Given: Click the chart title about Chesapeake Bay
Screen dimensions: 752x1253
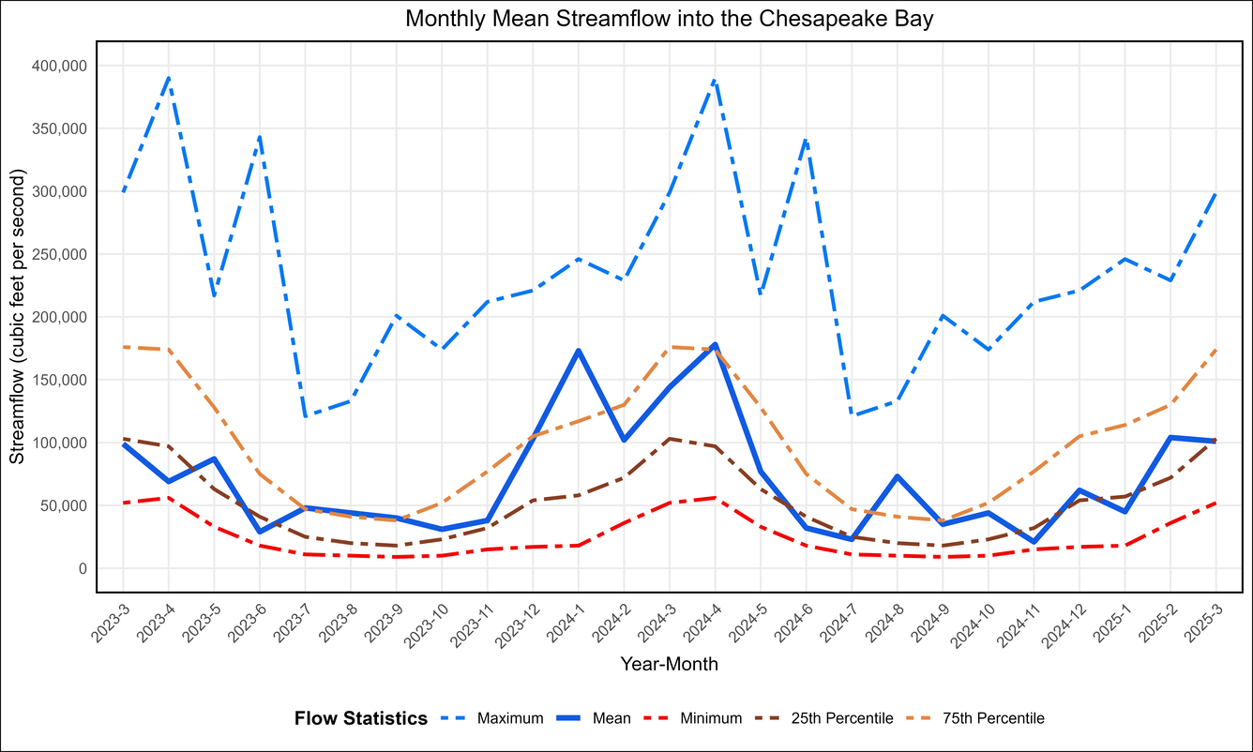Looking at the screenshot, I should click(x=669, y=19).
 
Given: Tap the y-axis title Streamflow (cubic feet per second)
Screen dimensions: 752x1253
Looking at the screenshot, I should click(x=17, y=317).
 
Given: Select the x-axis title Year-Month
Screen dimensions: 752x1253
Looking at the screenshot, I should click(x=669, y=664).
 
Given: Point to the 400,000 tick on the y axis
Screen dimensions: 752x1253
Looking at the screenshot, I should click(x=59, y=66).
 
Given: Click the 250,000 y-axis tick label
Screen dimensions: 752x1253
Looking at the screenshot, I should click(x=59, y=254).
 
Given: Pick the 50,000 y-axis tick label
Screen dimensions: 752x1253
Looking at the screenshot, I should click(x=63, y=505).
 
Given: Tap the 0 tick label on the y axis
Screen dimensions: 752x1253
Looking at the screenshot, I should click(x=83, y=568).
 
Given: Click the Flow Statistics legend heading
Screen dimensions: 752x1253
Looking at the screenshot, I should click(x=361, y=718).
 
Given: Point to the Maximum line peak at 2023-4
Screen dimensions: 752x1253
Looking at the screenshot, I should click(x=169, y=78).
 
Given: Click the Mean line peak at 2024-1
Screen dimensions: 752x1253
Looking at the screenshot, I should click(x=579, y=351).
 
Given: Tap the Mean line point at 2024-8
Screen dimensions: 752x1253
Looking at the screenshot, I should click(x=898, y=476).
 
